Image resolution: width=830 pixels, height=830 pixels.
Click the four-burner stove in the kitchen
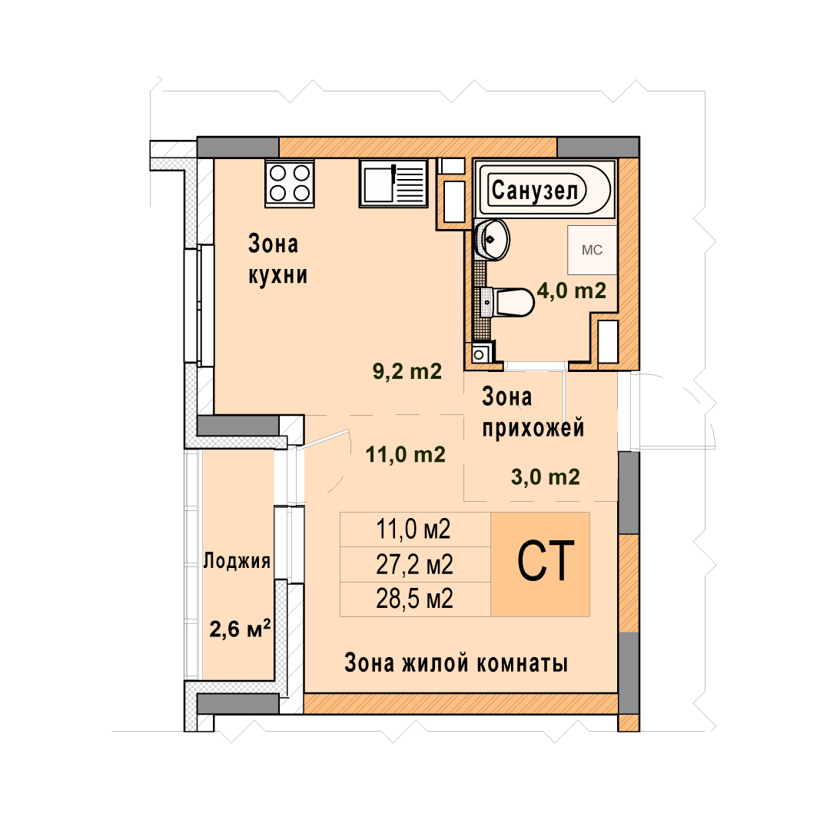pyautogui.click(x=290, y=183)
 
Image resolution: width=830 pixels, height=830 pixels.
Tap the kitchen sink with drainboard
pyautogui.click(x=393, y=183)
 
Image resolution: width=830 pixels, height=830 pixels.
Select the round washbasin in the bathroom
pyautogui.click(x=493, y=239)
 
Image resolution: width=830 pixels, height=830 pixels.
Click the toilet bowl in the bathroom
pyautogui.click(x=508, y=302)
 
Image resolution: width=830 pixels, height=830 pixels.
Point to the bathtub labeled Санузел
pyautogui.click(x=545, y=190)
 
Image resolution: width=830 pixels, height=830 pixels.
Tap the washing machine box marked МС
pyautogui.click(x=593, y=250)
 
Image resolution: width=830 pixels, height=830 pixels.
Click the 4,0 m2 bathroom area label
pyautogui.click(x=572, y=290)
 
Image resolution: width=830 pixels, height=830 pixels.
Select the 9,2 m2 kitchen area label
pyautogui.click(x=407, y=371)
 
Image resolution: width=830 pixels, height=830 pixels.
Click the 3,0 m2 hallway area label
pyautogui.click(x=545, y=477)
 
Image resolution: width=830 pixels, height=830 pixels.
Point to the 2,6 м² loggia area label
pyautogui.click(x=241, y=629)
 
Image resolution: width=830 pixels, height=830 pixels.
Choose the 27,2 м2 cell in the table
pyautogui.click(x=414, y=565)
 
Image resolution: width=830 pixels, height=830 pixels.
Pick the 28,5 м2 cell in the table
pyautogui.click(x=414, y=599)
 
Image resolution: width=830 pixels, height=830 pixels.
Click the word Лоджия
pyautogui.click(x=237, y=560)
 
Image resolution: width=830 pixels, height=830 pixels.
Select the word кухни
pyautogui.click(x=278, y=275)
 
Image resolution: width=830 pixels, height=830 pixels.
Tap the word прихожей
pyautogui.click(x=533, y=428)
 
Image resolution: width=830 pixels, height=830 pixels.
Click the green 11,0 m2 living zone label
pyautogui.click(x=406, y=455)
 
